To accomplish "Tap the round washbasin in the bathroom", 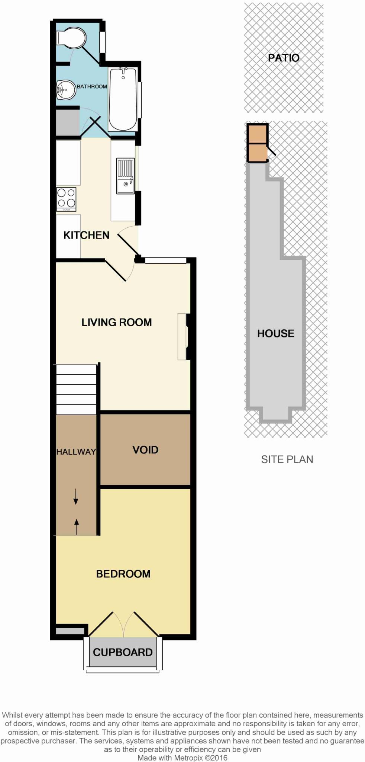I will point(66,90).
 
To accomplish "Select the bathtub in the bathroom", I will point(123,99).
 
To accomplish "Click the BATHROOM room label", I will point(92,86).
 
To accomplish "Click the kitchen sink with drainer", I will point(125,176).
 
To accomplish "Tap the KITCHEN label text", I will point(86,235).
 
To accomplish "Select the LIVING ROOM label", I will point(117,322).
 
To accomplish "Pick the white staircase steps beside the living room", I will point(76,389).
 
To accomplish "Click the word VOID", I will point(145,450).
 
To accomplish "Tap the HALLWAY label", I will point(76,452).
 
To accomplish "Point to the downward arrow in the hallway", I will point(76,497).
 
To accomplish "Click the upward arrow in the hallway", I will point(77,526).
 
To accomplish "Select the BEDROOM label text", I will point(123,574).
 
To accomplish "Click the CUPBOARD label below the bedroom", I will point(123,652).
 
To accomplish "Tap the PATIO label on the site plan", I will point(284,58).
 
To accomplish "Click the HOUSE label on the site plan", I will point(275,333).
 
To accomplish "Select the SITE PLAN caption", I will point(287,460).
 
